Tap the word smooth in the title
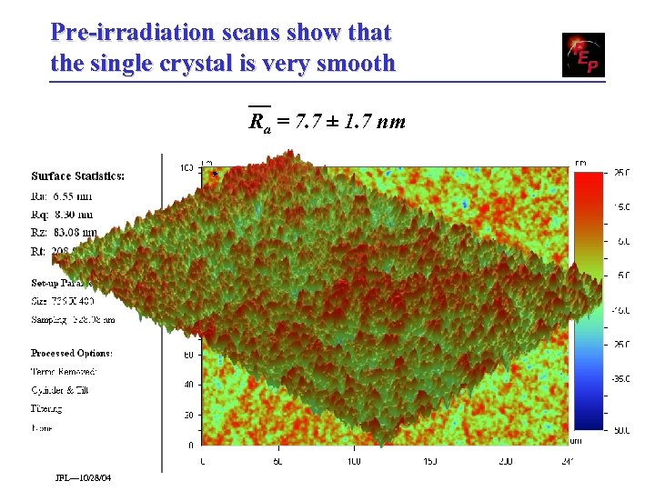point(358,64)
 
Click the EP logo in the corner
point(583,55)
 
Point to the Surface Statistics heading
point(77,175)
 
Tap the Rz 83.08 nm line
point(64,234)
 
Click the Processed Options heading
point(72,353)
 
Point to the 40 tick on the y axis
point(187,385)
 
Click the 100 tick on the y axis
point(186,167)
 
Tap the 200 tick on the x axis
point(506,462)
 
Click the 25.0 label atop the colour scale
point(621,172)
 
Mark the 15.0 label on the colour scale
point(621,207)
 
